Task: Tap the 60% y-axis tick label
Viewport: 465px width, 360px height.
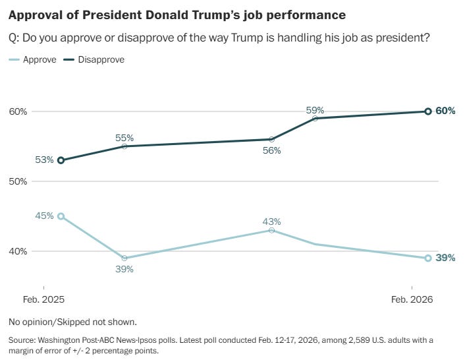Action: point(18,111)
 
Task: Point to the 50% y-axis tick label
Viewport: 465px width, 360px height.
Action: point(18,181)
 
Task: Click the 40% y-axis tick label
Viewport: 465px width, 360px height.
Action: point(18,251)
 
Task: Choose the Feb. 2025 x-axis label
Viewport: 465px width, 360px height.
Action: point(45,299)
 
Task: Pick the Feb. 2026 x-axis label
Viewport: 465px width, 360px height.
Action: point(412,299)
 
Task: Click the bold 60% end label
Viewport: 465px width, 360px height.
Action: point(446,111)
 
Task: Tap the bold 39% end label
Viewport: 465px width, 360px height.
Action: point(446,258)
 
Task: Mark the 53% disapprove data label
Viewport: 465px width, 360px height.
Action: point(45,160)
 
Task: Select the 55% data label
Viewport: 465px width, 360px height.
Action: point(124,138)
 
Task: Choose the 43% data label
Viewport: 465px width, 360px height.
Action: point(271,222)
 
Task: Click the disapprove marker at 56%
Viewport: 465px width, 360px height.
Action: point(271,139)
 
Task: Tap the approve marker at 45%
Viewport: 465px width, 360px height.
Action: point(61,216)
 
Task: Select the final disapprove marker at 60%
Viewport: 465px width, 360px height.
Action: point(428,111)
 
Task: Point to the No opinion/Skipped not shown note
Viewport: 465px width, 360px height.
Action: point(72,322)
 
